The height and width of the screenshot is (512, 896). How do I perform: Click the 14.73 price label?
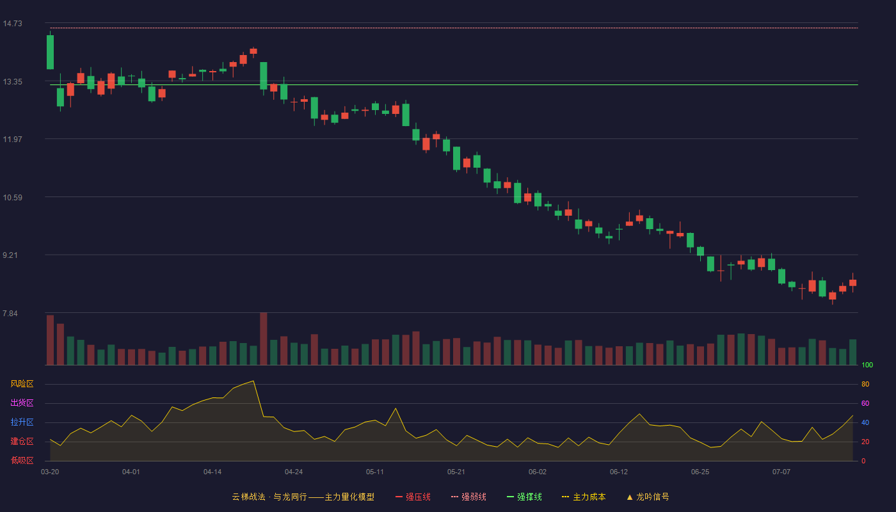pyautogui.click(x=12, y=24)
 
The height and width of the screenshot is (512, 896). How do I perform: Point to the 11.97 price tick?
pyautogui.click(x=12, y=140)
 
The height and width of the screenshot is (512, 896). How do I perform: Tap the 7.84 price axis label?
pyautogui.click(x=10, y=314)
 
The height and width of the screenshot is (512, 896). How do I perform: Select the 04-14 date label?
pyautogui.click(x=212, y=472)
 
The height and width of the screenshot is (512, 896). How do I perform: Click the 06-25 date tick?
pyautogui.click(x=700, y=472)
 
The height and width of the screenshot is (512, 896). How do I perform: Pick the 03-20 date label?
pyautogui.click(x=50, y=472)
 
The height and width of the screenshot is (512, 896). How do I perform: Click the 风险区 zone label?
pyautogui.click(x=22, y=384)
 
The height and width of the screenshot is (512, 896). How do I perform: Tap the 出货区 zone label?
pyautogui.click(x=22, y=403)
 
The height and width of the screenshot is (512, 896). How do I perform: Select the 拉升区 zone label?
pyautogui.click(x=22, y=422)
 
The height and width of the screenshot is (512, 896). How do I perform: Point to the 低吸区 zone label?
pyautogui.click(x=22, y=460)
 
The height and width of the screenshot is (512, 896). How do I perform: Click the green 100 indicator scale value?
pyautogui.click(x=867, y=365)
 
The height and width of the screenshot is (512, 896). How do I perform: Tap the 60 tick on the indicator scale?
pyautogui.click(x=865, y=403)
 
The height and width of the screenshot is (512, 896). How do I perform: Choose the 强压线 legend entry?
pyautogui.click(x=413, y=497)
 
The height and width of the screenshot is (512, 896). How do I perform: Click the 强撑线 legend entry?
pyautogui.click(x=524, y=497)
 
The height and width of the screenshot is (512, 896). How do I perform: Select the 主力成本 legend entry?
pyautogui.click(x=584, y=497)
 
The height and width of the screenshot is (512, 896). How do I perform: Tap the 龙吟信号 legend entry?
pyautogui.click(x=648, y=497)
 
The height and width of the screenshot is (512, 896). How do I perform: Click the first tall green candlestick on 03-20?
pyautogui.click(x=50, y=52)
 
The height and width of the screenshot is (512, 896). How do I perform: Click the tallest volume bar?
pyautogui.click(x=264, y=339)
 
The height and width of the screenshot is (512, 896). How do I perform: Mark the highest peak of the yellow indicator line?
pyautogui.click(x=253, y=381)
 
